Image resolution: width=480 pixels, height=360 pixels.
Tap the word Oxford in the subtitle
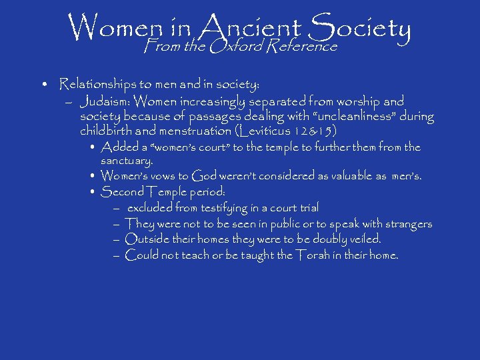tap(235, 47)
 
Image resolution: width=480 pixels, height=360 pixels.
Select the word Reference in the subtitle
tap(303, 47)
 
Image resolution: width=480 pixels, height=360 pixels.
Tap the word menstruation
tap(192, 131)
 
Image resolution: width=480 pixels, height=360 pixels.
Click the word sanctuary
tap(126, 161)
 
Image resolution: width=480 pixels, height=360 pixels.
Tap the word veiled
tap(363, 239)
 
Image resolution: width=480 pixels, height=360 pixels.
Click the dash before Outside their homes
tap(116, 239)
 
